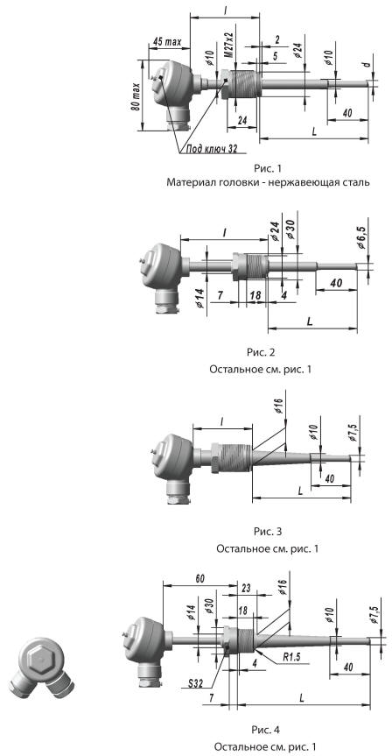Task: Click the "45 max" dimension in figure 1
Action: click(166, 42)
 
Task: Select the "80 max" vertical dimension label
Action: click(136, 96)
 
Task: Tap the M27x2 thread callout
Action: click(228, 46)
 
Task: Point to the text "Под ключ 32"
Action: click(209, 150)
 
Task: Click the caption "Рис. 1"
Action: click(267, 168)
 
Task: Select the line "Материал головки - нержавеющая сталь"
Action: click(269, 183)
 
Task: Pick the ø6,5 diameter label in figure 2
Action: click(362, 237)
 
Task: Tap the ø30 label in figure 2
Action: click(290, 230)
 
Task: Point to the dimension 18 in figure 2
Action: click(255, 295)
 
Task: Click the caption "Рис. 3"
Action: click(267, 532)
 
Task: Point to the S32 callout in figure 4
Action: click(199, 683)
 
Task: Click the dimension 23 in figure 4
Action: click(246, 588)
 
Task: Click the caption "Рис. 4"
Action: click(265, 728)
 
